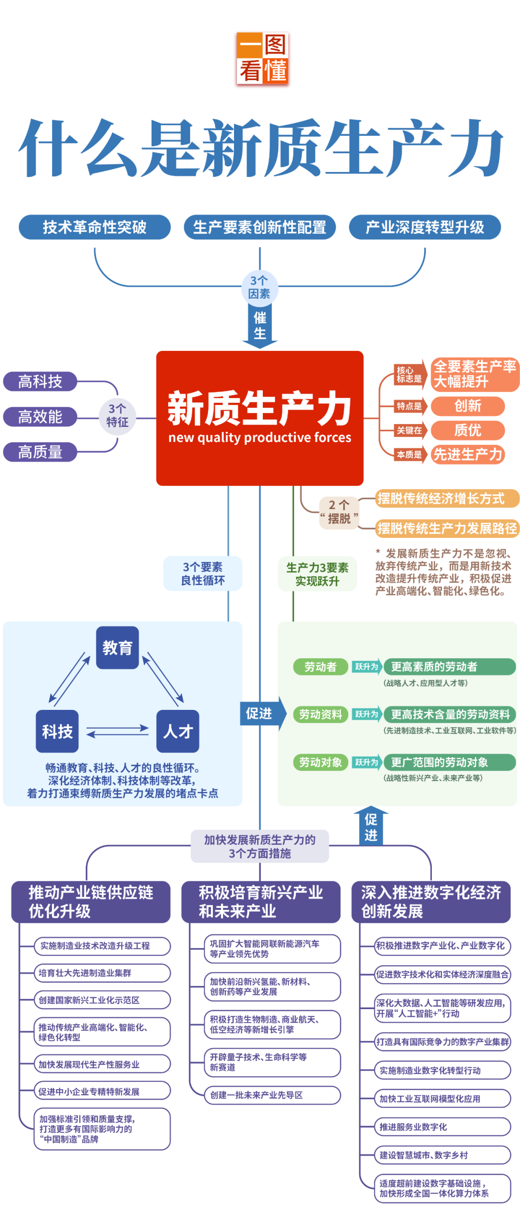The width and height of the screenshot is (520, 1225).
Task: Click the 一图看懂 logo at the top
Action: click(262, 60)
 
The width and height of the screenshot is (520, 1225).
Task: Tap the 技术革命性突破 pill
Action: click(95, 227)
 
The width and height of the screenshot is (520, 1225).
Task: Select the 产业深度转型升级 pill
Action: click(425, 227)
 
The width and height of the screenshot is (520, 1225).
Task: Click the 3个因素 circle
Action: click(260, 287)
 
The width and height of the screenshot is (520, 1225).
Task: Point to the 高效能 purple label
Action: click(40, 417)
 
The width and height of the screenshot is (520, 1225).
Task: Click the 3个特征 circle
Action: click(117, 416)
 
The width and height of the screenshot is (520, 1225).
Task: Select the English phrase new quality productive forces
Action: click(260, 438)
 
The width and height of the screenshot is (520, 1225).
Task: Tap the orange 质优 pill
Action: click(468, 430)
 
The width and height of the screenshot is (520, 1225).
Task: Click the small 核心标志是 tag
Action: click(409, 374)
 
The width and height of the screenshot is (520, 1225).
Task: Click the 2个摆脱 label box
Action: click(339, 512)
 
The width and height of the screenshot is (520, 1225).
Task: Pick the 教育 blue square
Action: click(117, 648)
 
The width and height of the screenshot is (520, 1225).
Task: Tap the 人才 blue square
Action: click(178, 731)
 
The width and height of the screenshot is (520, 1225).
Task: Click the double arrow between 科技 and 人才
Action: click(117, 731)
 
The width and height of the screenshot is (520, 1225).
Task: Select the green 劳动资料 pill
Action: click(321, 714)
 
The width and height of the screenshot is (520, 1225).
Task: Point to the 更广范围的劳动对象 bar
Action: click(449, 762)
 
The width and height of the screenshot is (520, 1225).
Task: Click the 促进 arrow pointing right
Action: click(262, 713)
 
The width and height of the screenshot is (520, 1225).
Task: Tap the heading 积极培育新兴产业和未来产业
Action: click(260, 902)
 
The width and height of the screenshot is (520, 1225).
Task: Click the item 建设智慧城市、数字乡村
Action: click(442, 1155)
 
